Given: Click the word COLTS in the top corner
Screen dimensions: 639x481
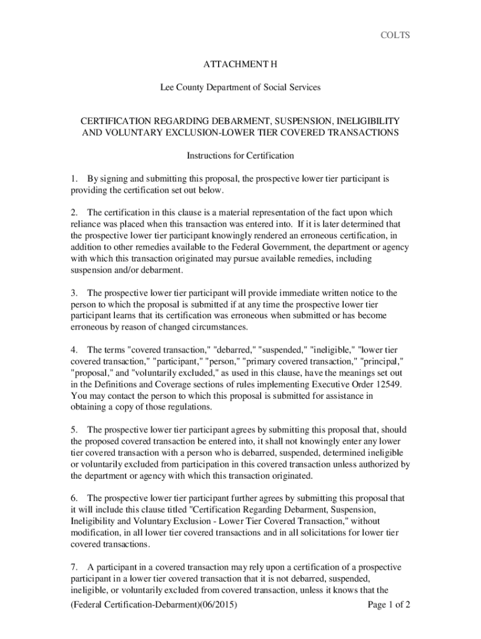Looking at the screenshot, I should point(395,35).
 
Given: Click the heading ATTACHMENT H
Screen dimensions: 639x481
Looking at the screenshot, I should point(241,64).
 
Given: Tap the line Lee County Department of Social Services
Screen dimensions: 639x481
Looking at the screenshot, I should point(240,87).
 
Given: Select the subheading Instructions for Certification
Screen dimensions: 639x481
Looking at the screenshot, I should point(241,155).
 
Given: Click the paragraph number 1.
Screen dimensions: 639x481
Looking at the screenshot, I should point(74,179).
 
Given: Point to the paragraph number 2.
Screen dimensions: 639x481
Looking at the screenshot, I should point(74,213).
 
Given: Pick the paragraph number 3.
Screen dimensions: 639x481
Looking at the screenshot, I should point(74,293).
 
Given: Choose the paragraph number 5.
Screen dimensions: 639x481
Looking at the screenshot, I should point(74,430).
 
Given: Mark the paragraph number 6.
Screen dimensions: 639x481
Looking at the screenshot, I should point(74,498).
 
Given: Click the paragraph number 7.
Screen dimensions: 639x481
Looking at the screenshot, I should point(74,567).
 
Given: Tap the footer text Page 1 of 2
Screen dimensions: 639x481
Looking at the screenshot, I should point(389,605).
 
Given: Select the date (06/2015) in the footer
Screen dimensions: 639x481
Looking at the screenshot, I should point(220,605).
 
